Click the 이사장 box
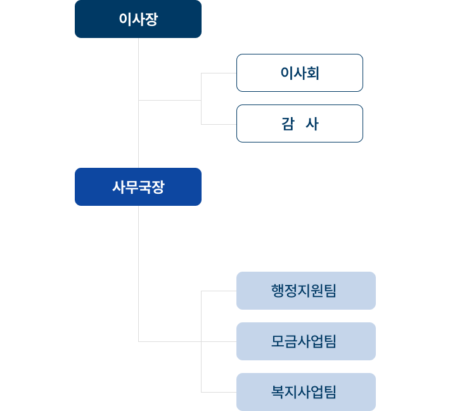pyautogui.click(x=138, y=19)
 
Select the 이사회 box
pyautogui.click(x=299, y=73)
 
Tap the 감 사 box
pyautogui.click(x=299, y=123)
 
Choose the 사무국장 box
pyautogui.click(x=138, y=187)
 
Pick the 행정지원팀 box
pyautogui.click(x=305, y=291)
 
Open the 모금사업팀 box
pyautogui.click(x=305, y=341)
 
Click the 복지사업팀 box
pyautogui.click(x=305, y=392)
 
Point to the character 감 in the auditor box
pyautogui.click(x=286, y=123)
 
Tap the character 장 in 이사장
pyautogui.click(x=151, y=19)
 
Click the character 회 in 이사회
pyautogui.click(x=312, y=73)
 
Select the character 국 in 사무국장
pyautogui.click(x=145, y=187)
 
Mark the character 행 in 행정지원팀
pyautogui.click(x=278, y=291)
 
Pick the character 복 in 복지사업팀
pyautogui.click(x=278, y=392)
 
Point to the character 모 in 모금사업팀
pyautogui.click(x=278, y=341)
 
